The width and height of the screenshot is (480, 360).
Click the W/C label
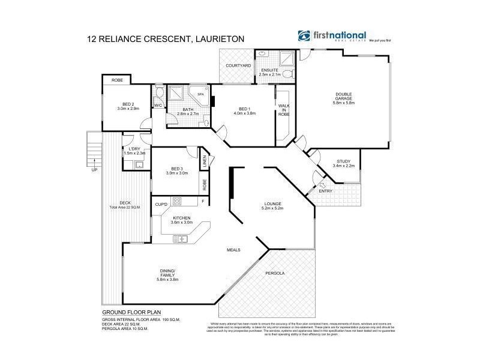click(158, 106)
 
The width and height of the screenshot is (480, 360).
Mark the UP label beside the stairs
click(94, 170)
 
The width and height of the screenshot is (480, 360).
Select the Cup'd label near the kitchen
click(161, 205)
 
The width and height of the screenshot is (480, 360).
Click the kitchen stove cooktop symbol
click(178, 202)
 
